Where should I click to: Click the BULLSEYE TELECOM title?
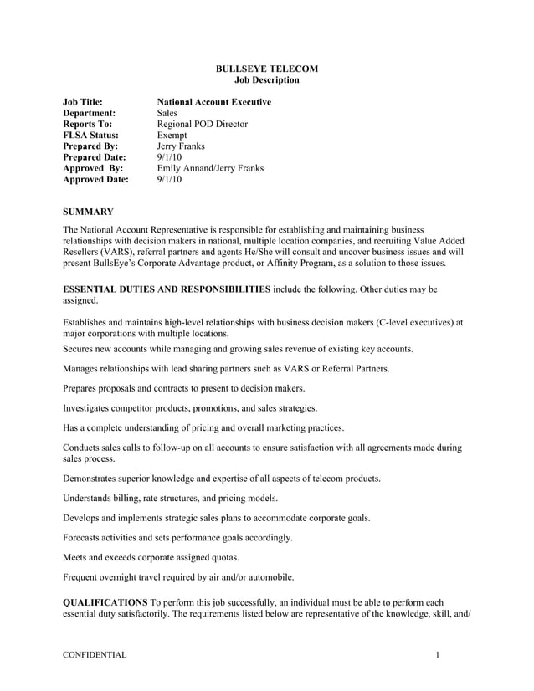point(266,69)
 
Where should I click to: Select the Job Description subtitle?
point(266,80)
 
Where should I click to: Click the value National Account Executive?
point(214,102)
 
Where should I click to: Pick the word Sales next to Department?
point(168,113)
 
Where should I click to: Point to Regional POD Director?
point(203,124)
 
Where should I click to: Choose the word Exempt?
point(172,135)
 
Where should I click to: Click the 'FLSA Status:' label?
point(90,135)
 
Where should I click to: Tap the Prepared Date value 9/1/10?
point(169,157)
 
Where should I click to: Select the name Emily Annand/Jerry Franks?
point(210,168)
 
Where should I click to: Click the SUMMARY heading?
point(89,212)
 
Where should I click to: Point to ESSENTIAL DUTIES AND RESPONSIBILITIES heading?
point(167,289)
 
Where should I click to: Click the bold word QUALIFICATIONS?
point(105,602)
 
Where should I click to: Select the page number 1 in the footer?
point(437,655)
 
